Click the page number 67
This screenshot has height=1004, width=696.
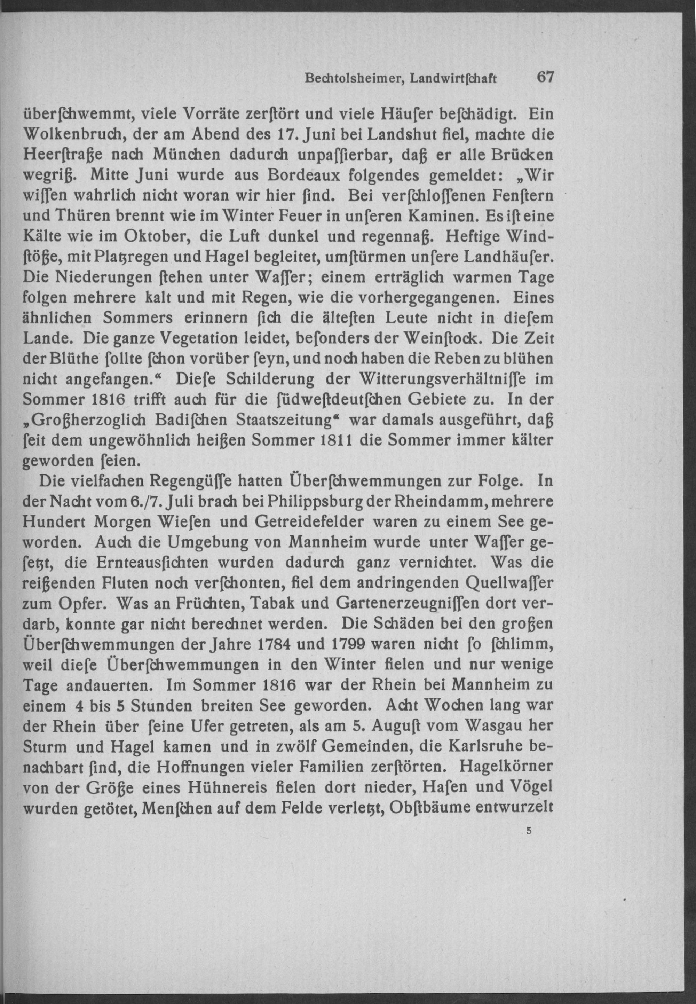545,78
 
